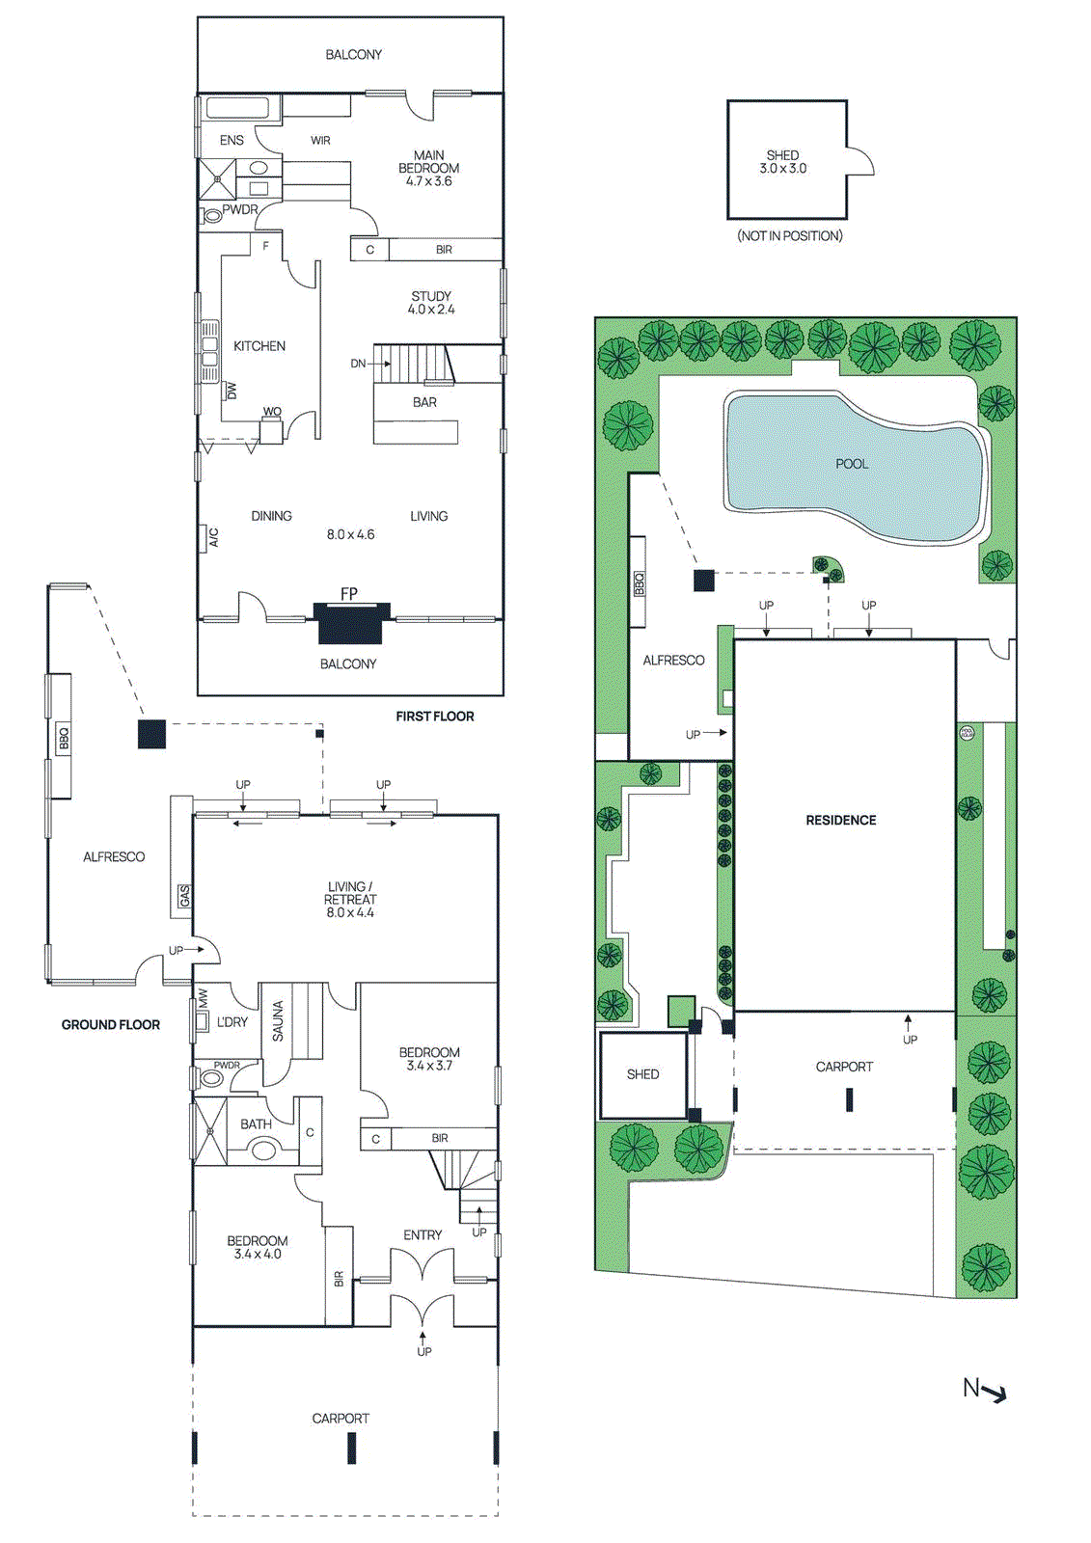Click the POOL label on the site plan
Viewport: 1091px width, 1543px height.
(x=852, y=464)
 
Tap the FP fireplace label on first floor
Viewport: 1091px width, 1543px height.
(x=349, y=594)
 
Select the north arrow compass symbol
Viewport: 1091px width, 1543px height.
(x=985, y=1390)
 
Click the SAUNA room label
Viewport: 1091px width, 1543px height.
(x=278, y=1021)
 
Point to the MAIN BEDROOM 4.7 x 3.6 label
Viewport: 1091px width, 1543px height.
(x=429, y=168)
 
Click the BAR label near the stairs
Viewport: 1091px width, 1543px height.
(x=424, y=402)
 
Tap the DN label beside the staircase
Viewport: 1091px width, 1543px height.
(x=358, y=364)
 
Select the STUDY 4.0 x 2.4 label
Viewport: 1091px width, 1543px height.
(x=431, y=303)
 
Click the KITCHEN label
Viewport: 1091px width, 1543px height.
(x=259, y=346)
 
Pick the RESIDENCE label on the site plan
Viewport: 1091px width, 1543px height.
(x=841, y=820)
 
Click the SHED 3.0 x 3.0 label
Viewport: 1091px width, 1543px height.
(x=782, y=161)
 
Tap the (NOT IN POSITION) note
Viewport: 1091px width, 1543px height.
(x=790, y=236)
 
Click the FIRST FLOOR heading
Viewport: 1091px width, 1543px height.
(x=434, y=717)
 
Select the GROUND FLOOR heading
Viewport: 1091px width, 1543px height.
(x=111, y=1025)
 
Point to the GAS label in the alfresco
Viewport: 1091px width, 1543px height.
(x=183, y=896)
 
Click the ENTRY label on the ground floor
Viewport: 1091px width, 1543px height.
(x=423, y=1235)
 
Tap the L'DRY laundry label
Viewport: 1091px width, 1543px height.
(x=232, y=1022)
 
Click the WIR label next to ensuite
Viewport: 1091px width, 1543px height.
(x=320, y=141)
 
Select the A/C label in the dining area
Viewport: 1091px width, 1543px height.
(x=213, y=537)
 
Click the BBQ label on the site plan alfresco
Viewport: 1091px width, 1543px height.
(x=639, y=583)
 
